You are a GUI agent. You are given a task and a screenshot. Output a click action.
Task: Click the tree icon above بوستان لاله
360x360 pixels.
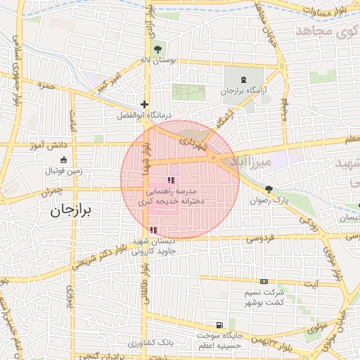(x=158, y=49)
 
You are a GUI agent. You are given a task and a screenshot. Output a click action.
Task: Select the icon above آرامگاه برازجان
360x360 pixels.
(x=244, y=81)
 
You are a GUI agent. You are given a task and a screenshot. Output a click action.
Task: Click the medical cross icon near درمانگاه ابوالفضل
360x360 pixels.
(x=144, y=104)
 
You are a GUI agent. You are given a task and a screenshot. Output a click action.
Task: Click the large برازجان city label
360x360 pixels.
(x=72, y=210)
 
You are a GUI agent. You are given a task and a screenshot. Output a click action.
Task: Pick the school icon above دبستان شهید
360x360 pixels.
(x=153, y=230)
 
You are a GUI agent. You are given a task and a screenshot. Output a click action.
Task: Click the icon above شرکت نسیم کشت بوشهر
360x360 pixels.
(x=264, y=281)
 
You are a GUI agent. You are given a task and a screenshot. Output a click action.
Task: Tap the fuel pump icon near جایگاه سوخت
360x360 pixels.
(x=220, y=325)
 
